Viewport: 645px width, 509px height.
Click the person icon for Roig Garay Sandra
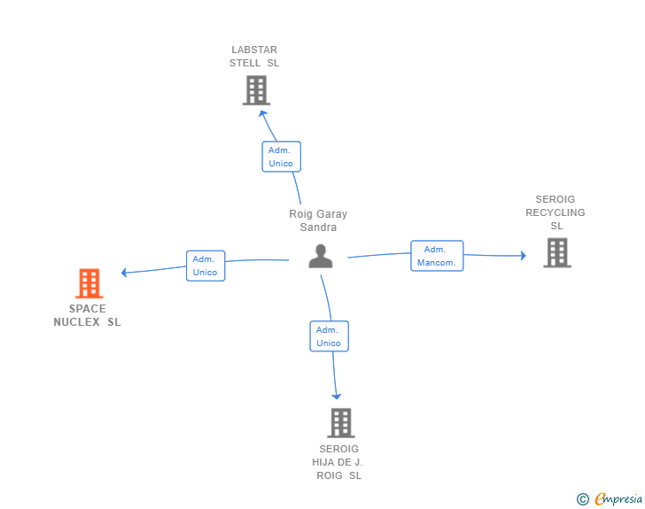click(x=321, y=256)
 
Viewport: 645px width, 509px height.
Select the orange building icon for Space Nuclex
click(x=89, y=283)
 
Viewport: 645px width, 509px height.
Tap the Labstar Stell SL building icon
click(x=256, y=90)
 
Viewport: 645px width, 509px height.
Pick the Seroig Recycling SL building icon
click(x=557, y=252)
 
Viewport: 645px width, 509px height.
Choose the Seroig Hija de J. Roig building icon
click(x=341, y=422)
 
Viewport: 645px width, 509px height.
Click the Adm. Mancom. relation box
click(x=437, y=256)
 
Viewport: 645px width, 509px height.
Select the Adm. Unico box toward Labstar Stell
click(x=282, y=157)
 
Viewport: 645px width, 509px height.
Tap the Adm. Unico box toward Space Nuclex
click(x=206, y=266)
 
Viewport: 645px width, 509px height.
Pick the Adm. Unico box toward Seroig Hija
click(x=329, y=336)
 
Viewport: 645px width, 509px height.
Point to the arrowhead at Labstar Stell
click(x=262, y=113)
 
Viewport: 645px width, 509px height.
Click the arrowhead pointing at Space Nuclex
click(x=124, y=272)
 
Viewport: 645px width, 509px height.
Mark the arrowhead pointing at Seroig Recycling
click(x=524, y=256)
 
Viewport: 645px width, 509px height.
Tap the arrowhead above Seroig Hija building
click(x=337, y=397)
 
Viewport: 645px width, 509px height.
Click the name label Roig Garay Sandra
click(x=318, y=220)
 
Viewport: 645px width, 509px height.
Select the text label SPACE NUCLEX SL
click(x=87, y=315)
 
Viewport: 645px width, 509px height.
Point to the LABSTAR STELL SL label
click(x=254, y=57)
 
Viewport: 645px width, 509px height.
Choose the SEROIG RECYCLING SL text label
click(x=556, y=212)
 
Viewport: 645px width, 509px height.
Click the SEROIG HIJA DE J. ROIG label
click(x=338, y=462)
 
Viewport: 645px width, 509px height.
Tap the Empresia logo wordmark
click(x=618, y=498)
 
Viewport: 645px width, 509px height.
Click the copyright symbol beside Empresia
click(x=583, y=499)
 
